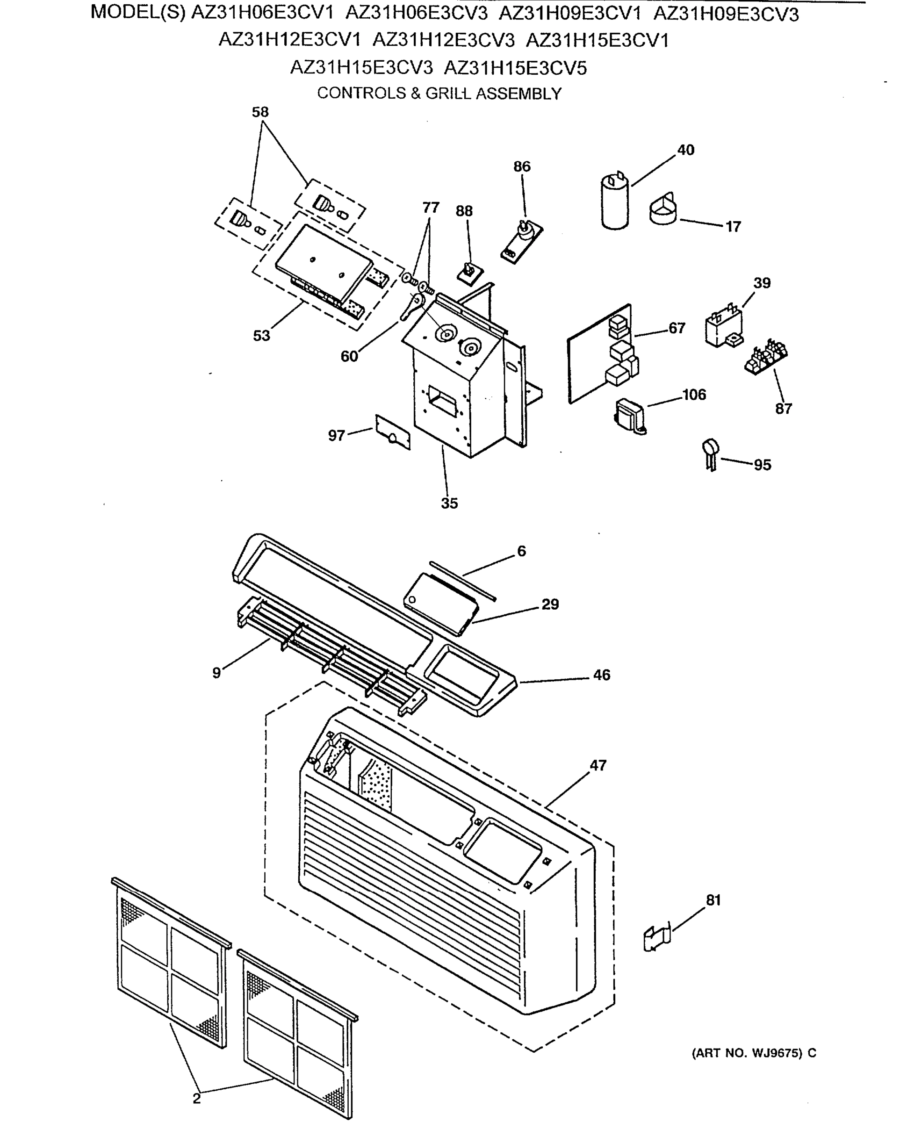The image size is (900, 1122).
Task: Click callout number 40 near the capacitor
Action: pyautogui.click(x=685, y=150)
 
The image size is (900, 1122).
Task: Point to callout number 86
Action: pyautogui.click(x=522, y=166)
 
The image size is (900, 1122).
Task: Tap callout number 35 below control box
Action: pyautogui.click(x=449, y=503)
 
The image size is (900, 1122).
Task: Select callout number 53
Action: pyautogui.click(x=261, y=336)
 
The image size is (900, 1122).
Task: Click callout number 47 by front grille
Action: pyautogui.click(x=598, y=765)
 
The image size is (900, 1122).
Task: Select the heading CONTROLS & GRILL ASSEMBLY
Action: pyautogui.click(x=439, y=93)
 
